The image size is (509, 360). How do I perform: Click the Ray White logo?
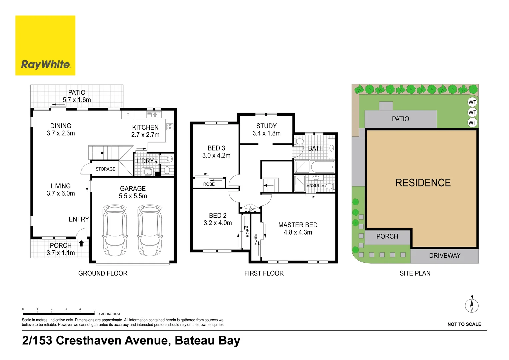(x=45, y=46)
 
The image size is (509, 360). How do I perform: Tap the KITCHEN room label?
(x=145, y=127)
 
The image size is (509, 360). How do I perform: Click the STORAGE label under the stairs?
(x=105, y=169)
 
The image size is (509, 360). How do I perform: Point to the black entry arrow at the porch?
(x=81, y=243)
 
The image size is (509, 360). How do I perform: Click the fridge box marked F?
(x=128, y=115)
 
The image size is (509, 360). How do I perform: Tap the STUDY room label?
(x=266, y=126)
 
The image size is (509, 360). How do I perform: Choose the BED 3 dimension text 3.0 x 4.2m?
(x=216, y=155)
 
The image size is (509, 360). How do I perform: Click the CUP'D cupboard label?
(x=251, y=210)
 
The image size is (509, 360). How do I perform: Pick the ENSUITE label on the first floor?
(x=315, y=185)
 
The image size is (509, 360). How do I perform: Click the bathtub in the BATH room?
(x=322, y=167)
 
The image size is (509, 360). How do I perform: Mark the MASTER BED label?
(x=298, y=225)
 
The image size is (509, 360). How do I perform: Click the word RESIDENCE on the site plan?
(x=423, y=183)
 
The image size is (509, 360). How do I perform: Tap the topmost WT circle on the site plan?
(x=472, y=102)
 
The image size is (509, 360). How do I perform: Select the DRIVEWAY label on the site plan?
(x=445, y=256)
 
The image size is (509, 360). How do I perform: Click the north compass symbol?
(x=472, y=305)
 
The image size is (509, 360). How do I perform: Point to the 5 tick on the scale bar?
(x=94, y=309)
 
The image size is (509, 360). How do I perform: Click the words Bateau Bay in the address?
(x=207, y=340)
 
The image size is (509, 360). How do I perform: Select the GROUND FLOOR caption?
(x=103, y=273)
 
